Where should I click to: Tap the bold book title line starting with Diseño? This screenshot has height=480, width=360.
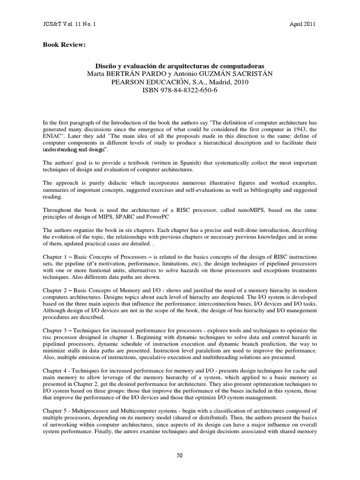pos(180,67)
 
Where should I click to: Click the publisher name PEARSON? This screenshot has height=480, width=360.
pos(130,82)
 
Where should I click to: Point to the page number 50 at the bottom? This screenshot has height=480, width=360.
pos(180,455)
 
